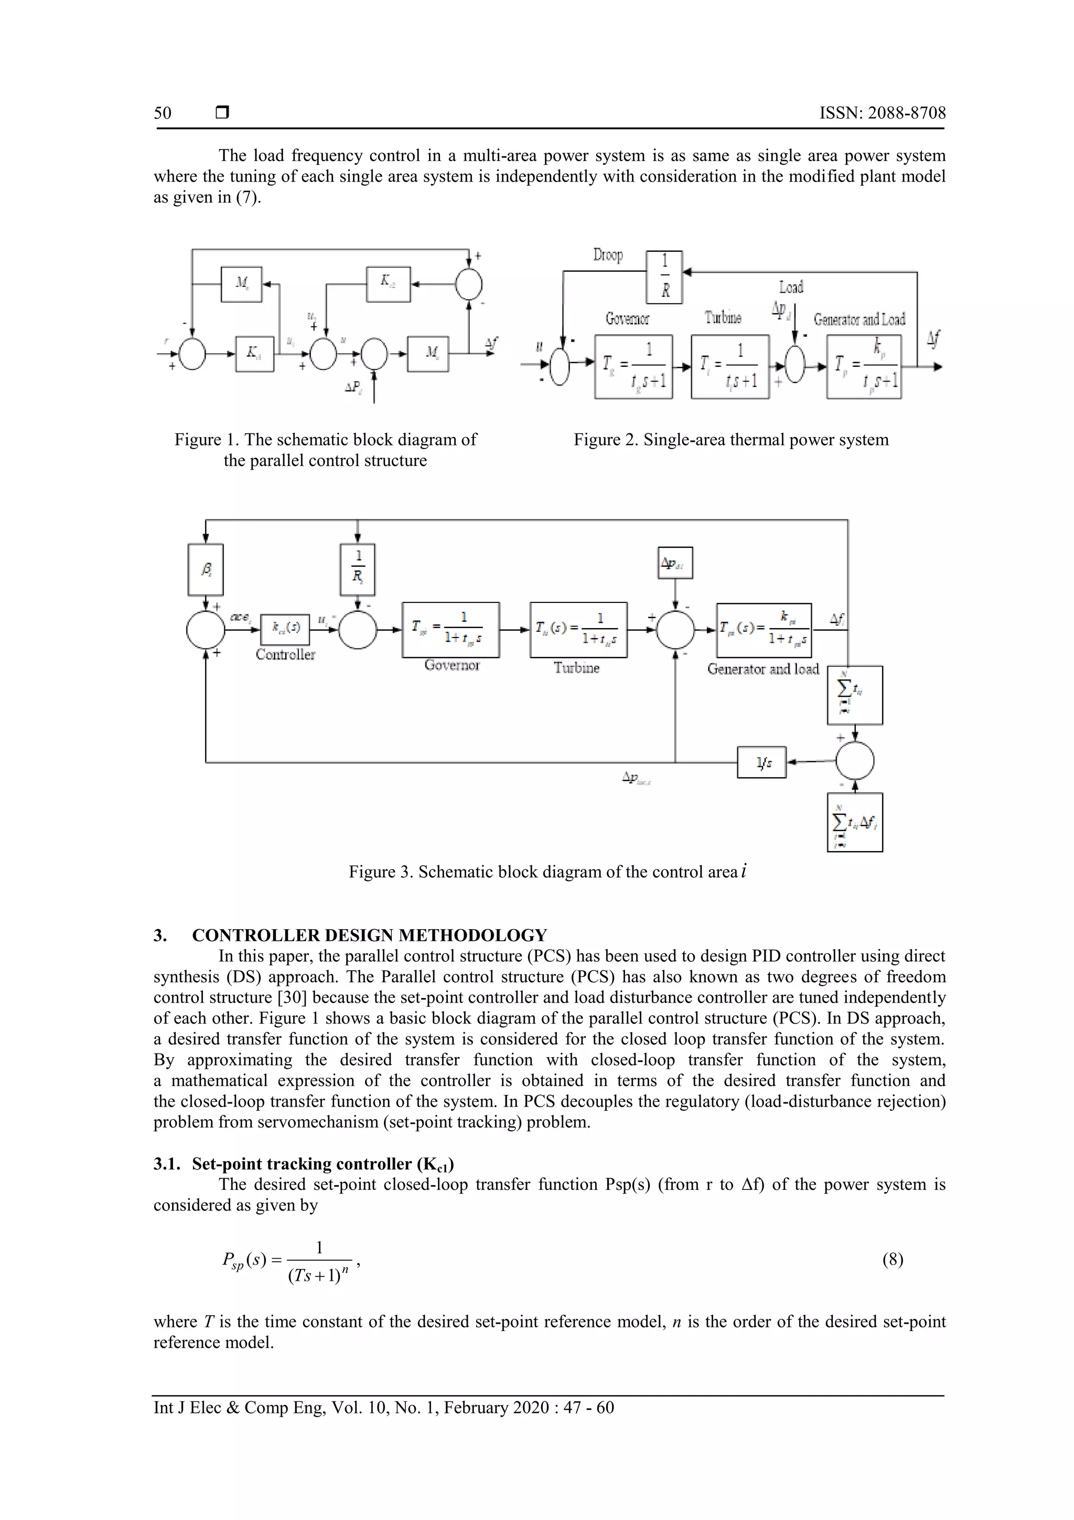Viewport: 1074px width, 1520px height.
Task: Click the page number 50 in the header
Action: click(x=163, y=113)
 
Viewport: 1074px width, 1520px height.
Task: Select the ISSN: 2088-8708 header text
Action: click(x=882, y=113)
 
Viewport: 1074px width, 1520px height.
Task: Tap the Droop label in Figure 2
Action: click(x=607, y=255)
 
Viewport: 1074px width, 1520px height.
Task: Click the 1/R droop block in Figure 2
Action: click(x=664, y=277)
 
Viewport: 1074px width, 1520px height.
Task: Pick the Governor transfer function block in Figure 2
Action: click(x=633, y=366)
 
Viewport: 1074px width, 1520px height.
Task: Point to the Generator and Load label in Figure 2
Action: click(x=859, y=320)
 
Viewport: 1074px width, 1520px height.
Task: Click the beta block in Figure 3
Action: click(x=206, y=569)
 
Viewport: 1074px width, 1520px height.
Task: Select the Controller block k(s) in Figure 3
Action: click(x=285, y=628)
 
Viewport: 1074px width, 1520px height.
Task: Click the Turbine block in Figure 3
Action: click(x=578, y=630)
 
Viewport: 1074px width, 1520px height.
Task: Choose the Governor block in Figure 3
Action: click(x=450, y=630)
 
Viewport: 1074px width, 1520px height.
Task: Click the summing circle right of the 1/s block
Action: click(x=854, y=762)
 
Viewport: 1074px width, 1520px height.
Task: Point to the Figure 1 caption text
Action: click(x=325, y=450)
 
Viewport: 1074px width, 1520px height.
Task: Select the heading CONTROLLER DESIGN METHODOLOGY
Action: click(x=369, y=935)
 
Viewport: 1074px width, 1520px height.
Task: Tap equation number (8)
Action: click(x=893, y=1259)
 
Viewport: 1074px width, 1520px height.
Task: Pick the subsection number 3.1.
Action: click(x=166, y=1163)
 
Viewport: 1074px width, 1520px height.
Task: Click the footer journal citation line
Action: click(x=384, y=1407)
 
